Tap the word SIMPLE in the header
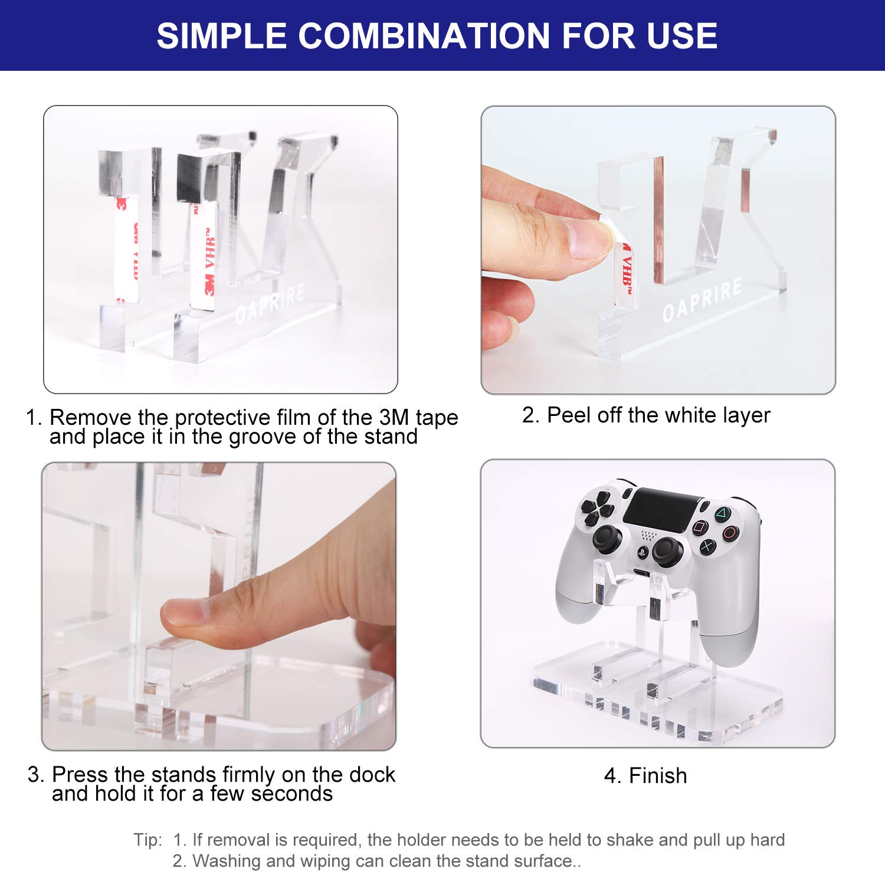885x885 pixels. coord(221,35)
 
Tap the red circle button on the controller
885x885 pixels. coord(730,533)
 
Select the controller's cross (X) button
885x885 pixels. coord(707,547)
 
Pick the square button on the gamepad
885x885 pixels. coord(699,527)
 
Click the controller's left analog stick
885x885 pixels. coord(607,538)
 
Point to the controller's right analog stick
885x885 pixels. coord(667,552)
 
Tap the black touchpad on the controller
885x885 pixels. coord(661,509)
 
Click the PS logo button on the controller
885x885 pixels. coord(642,552)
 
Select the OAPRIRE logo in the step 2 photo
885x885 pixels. coord(702,301)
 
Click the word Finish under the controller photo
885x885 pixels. coord(658,775)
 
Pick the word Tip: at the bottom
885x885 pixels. coord(147,840)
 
